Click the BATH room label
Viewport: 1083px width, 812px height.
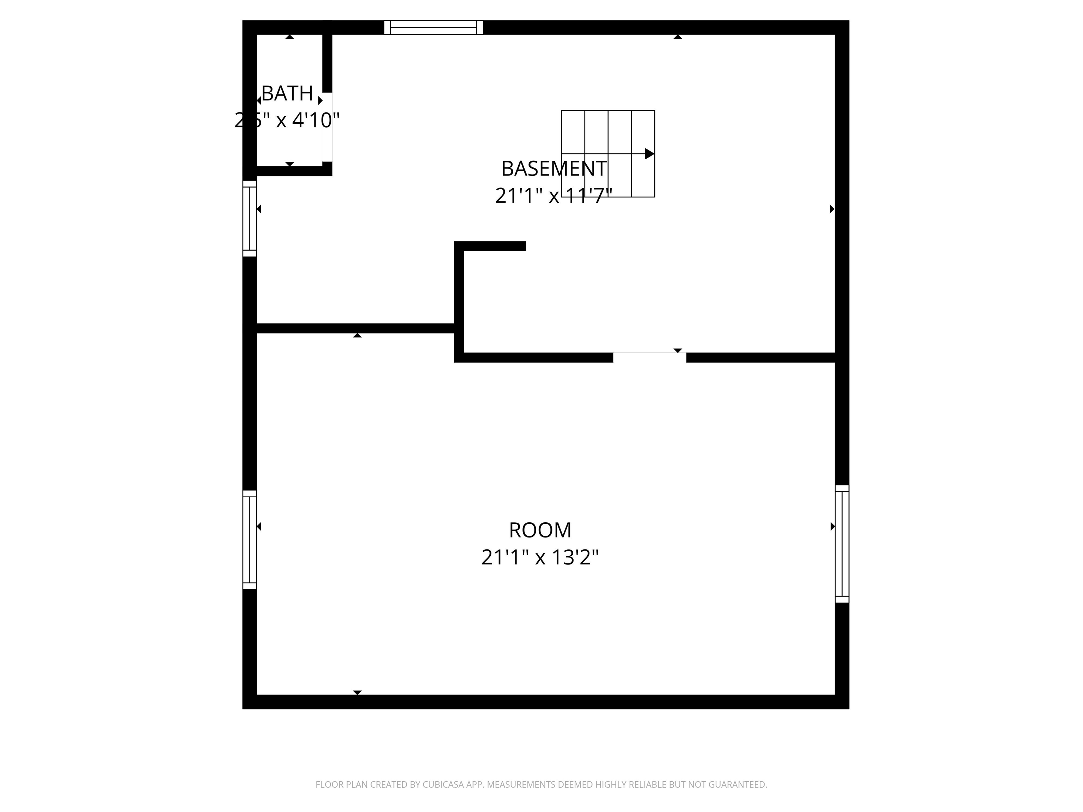pyautogui.click(x=287, y=93)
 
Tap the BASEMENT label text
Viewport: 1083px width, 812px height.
pyautogui.click(x=554, y=169)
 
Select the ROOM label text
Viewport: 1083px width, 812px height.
pyautogui.click(x=540, y=530)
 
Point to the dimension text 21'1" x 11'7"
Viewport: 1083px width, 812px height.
pyautogui.click(x=554, y=196)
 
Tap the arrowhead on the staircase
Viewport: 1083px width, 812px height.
pyautogui.click(x=649, y=154)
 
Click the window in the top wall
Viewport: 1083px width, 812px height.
pyautogui.click(x=433, y=27)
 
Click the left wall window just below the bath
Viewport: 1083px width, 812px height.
pyautogui.click(x=250, y=218)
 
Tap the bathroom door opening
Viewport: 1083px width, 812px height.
pyautogui.click(x=327, y=127)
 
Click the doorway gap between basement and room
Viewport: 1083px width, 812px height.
pyautogui.click(x=649, y=357)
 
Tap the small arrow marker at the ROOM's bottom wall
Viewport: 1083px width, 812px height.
pyautogui.click(x=357, y=692)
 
